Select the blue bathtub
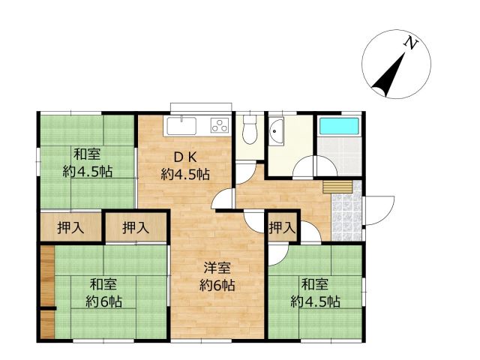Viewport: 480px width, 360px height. click(339, 125)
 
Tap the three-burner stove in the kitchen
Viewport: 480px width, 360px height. click(220, 125)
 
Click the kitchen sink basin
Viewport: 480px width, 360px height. click(182, 125)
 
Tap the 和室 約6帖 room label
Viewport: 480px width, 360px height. click(103, 292)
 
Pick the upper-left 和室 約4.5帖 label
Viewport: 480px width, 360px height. click(87, 163)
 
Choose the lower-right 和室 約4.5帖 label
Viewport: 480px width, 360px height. click(315, 292)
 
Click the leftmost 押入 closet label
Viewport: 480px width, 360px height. click(71, 227)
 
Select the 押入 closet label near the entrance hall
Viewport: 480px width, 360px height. click(282, 227)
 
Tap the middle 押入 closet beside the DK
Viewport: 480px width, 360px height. click(135, 227)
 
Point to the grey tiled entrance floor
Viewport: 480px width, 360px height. click(346, 212)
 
